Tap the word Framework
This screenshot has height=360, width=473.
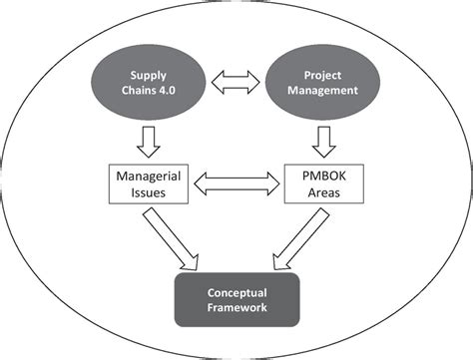236,311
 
